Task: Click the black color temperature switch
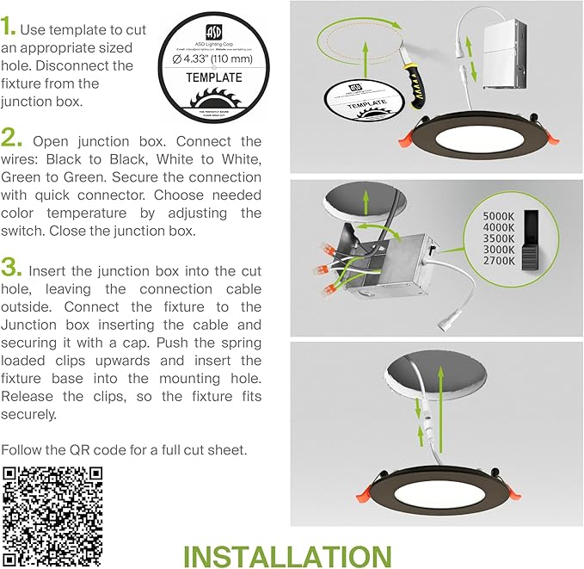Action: point(535,238)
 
